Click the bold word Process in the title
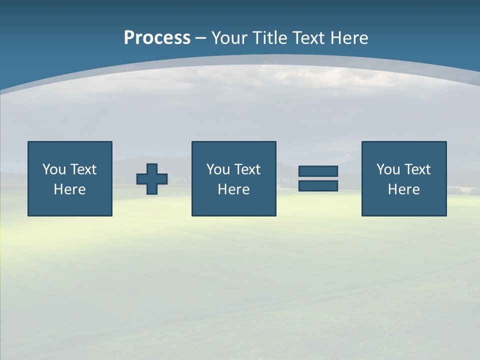[x=157, y=38]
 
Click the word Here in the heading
[x=349, y=38]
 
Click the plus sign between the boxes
[x=152, y=179]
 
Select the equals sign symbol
[x=318, y=178]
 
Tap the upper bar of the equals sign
[x=318, y=171]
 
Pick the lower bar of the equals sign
[x=318, y=185]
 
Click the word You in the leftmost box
[x=54, y=169]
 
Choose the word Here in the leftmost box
[x=69, y=189]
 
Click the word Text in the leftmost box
[x=83, y=169]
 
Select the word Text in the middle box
[x=247, y=169]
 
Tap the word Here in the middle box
[x=233, y=189]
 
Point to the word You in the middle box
[x=218, y=169]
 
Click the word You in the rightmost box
[x=388, y=169]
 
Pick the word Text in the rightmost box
[x=417, y=169]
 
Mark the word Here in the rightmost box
[x=403, y=189]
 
